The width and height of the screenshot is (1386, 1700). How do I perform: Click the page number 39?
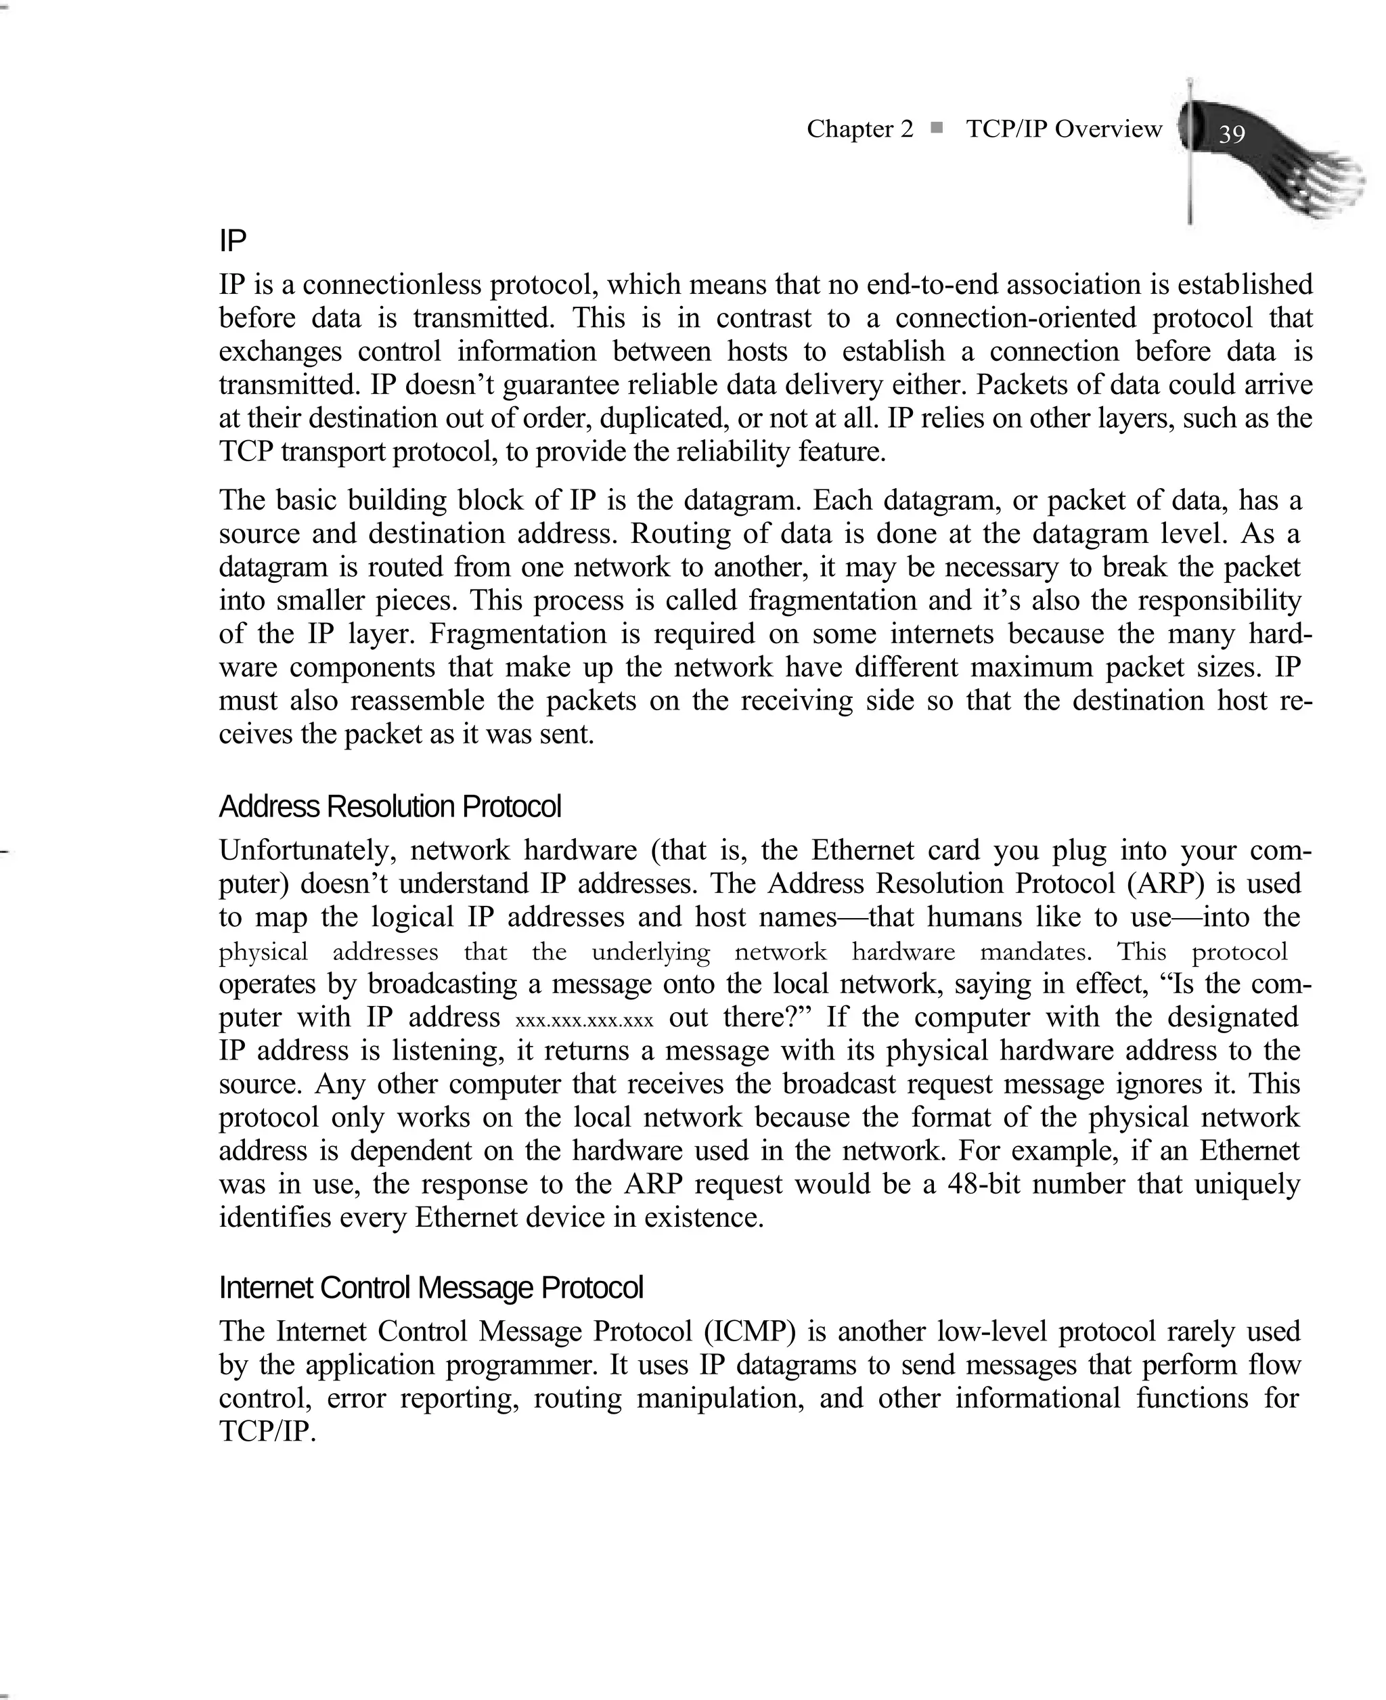point(1232,133)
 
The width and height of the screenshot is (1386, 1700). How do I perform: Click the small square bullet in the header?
point(937,127)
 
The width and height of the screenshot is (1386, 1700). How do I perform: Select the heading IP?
point(232,240)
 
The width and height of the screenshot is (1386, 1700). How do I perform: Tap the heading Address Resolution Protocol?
point(390,806)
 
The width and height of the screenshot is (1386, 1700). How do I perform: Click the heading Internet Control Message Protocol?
point(430,1287)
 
